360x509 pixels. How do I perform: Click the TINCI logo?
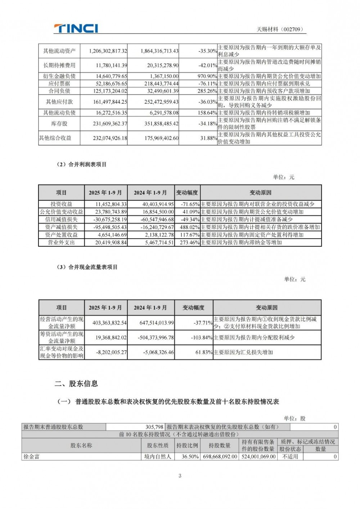[x=76, y=28]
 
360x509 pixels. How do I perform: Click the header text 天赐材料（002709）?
[x=280, y=30]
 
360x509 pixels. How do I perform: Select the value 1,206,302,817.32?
[x=108, y=51]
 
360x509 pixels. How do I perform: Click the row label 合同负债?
[x=59, y=91]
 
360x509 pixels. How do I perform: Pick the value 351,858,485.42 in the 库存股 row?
[x=159, y=123]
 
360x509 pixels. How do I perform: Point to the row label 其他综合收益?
[x=55, y=138]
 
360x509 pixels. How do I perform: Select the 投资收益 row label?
[x=61, y=204]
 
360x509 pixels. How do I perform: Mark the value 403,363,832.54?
[x=109, y=323]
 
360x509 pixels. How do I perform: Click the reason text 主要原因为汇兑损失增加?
[x=243, y=352]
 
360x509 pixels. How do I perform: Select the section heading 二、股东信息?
[x=76, y=384]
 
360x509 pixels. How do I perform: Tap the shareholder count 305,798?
[x=154, y=427]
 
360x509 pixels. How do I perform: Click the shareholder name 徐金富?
[x=32, y=456]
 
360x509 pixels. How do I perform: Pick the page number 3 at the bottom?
[x=180, y=476]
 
